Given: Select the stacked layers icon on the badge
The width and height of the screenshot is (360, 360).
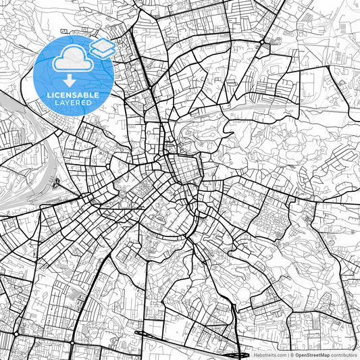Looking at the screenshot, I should tap(102, 47).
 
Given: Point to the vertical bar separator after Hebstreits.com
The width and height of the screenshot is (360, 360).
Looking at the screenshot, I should tap(288, 354).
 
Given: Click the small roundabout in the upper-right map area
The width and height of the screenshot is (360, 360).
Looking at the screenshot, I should tap(262, 43).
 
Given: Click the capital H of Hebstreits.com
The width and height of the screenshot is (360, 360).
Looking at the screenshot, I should tap(255, 354).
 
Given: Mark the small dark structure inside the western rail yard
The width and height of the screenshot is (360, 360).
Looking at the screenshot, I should tap(55, 183).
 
